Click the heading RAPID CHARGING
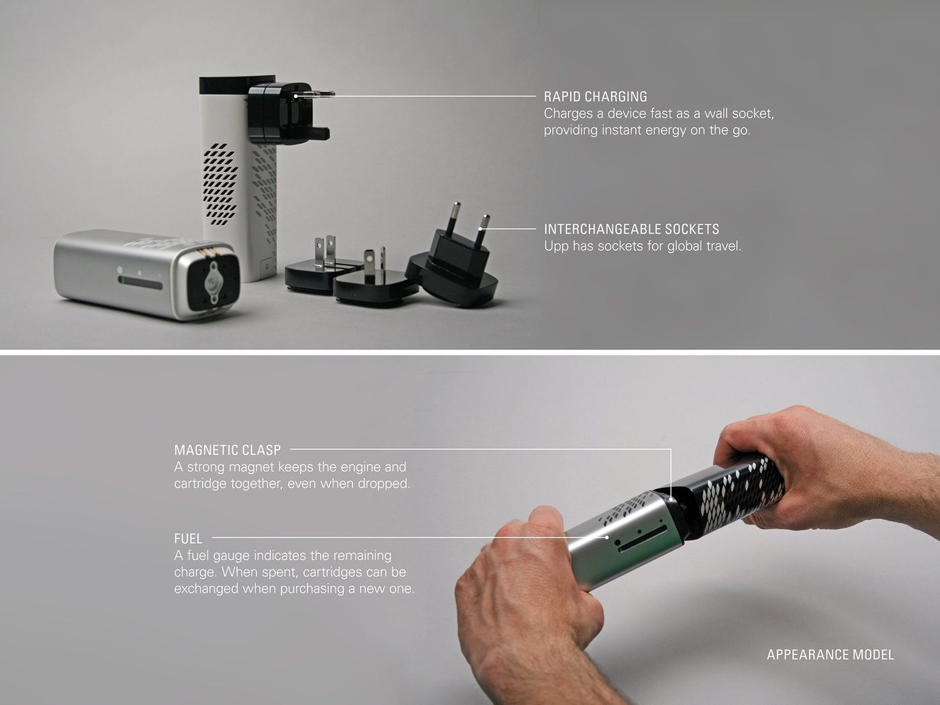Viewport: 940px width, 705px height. pos(596,97)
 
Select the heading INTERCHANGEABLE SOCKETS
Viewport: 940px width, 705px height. pos(632,230)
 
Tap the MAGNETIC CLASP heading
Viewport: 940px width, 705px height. pos(228,450)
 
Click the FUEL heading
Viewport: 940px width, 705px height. pos(188,538)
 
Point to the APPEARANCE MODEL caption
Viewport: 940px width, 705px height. pos(831,655)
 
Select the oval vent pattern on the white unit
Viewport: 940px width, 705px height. pos(220,185)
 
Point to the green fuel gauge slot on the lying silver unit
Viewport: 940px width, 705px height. pos(140,283)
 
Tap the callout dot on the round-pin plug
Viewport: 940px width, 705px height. pos(481,229)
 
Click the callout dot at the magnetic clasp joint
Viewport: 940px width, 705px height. pos(671,499)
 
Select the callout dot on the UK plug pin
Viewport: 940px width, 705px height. pos(296,96)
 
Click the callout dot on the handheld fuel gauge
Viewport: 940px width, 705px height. pos(607,536)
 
